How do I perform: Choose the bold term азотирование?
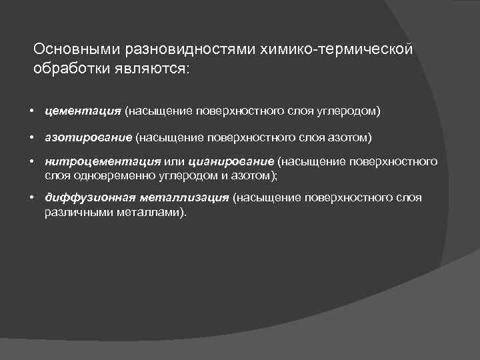[x=89, y=138]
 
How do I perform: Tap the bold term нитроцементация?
[x=103, y=162]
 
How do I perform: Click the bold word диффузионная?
[x=90, y=198]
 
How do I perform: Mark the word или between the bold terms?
[x=174, y=162]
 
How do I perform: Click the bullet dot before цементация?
[x=32, y=110]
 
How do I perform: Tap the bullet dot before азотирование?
[x=32, y=138]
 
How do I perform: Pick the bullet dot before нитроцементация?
[x=32, y=162]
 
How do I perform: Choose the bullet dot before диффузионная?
[x=32, y=198]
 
